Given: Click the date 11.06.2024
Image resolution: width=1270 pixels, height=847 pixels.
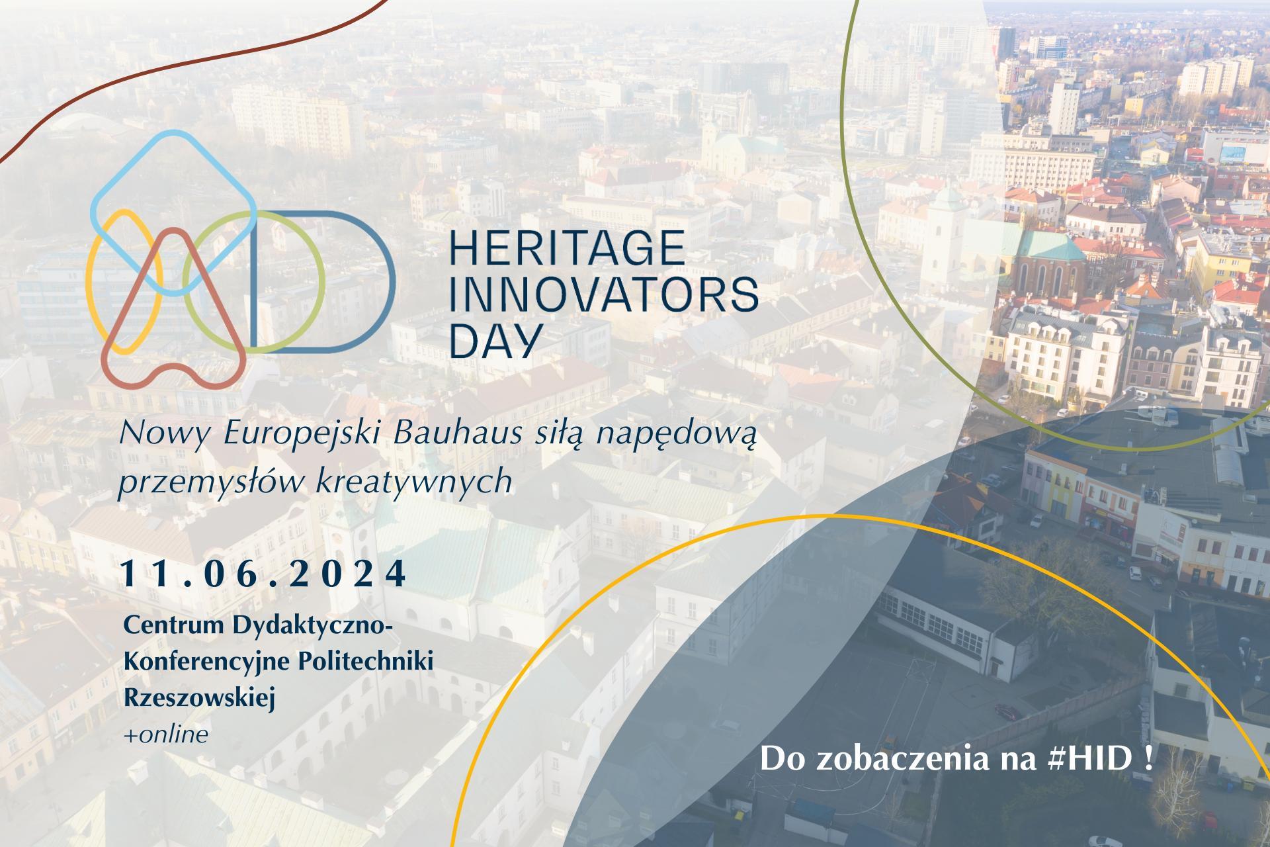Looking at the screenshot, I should pyautogui.click(x=264, y=574).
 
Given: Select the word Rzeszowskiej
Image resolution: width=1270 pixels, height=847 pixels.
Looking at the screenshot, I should pyautogui.click(x=199, y=699).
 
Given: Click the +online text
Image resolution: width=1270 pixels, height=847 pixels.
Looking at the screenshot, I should pyautogui.click(x=166, y=734).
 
